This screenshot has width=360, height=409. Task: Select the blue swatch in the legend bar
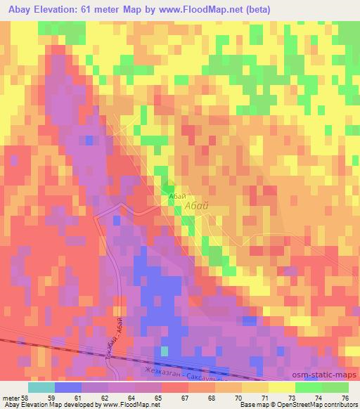68,387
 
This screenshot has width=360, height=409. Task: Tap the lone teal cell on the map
165,351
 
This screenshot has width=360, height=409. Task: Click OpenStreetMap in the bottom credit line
299,405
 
